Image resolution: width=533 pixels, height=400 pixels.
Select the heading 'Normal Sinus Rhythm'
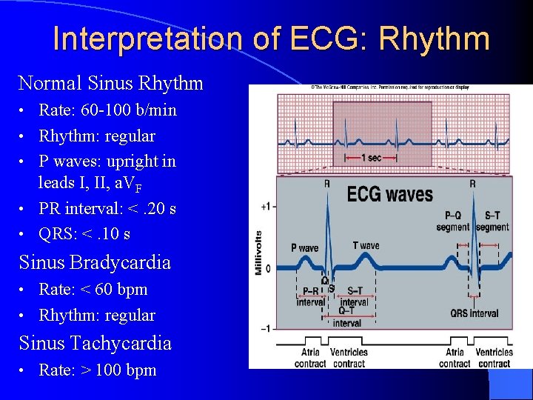click(x=110, y=83)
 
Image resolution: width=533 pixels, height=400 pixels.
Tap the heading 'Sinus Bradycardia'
click(x=95, y=262)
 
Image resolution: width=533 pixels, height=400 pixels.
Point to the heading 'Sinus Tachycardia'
click(x=95, y=343)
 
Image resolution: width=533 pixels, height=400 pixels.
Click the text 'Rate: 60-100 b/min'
click(x=107, y=110)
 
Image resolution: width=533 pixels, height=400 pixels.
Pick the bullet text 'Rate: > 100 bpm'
click(x=97, y=370)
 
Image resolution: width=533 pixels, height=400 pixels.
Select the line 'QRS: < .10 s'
click(x=84, y=234)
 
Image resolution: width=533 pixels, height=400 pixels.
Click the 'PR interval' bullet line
click(x=107, y=209)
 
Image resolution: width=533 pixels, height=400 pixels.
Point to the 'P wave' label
click(x=304, y=248)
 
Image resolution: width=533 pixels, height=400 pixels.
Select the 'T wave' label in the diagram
click(x=366, y=245)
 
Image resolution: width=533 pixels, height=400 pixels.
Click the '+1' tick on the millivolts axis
click(x=265, y=206)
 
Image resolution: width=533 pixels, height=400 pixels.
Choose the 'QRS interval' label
click(x=475, y=313)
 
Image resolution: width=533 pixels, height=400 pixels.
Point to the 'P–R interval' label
click(x=310, y=297)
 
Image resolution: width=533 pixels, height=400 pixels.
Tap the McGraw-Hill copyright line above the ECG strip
click(x=390, y=88)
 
